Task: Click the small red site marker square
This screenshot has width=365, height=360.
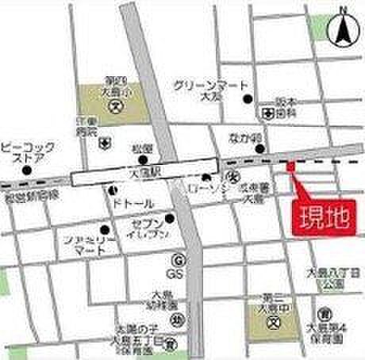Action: click(290, 166)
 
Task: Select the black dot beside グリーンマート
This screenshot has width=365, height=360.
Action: click(248, 99)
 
